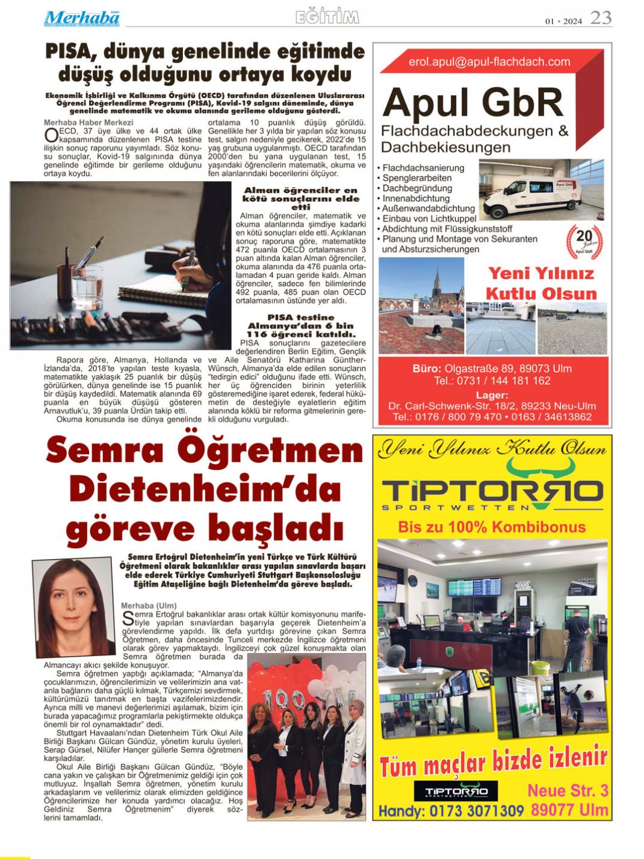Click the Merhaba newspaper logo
click(81, 18)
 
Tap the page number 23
click(600, 18)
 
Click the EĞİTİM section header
click(327, 17)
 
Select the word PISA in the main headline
click(68, 52)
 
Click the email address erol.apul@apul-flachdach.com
click(489, 61)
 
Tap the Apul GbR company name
click(473, 103)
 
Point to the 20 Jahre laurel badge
click(584, 240)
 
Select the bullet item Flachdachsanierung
click(424, 168)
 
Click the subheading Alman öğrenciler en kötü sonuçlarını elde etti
click(300, 198)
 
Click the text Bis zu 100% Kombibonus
click(492, 527)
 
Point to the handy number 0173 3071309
click(476, 811)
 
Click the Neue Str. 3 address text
click(568, 790)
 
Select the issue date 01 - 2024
click(563, 21)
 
